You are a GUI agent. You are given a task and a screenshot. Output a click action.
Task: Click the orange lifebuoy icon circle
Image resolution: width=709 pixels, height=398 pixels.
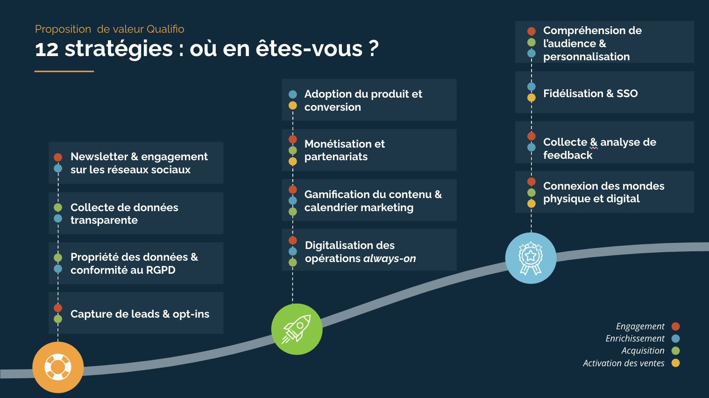click(58, 367)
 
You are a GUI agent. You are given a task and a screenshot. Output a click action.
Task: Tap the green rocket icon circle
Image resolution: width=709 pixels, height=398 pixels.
click(297, 329)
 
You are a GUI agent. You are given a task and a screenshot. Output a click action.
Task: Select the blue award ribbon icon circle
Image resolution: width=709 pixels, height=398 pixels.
click(531, 258)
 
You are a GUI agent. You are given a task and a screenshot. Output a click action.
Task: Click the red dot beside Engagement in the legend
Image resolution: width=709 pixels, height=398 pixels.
click(675, 326)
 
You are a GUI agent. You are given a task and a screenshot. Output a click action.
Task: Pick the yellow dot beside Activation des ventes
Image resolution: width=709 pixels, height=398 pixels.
click(675, 363)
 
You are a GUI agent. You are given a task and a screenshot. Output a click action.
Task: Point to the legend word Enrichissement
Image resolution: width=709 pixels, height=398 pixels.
click(635, 339)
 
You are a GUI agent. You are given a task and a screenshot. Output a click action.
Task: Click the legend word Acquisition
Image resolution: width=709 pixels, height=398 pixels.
click(643, 350)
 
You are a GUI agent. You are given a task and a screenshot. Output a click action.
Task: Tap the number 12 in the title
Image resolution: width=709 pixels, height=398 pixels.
click(47, 49)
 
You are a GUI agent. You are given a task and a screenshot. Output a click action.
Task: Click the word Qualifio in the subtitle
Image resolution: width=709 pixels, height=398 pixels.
click(165, 29)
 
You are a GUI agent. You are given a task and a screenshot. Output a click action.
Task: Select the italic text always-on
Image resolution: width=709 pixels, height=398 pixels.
click(390, 259)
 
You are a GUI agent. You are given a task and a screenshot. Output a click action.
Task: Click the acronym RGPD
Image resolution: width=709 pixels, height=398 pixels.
click(161, 270)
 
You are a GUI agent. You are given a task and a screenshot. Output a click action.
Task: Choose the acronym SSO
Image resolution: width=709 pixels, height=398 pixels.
click(627, 93)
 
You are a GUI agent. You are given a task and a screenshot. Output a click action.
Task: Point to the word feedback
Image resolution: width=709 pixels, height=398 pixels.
click(567, 155)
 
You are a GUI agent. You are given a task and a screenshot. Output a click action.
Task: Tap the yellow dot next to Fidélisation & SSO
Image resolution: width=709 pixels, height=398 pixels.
click(532, 98)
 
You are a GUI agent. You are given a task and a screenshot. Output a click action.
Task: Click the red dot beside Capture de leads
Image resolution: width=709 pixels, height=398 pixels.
click(58, 308)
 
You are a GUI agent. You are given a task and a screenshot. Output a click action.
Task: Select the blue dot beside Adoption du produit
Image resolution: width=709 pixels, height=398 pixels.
click(293, 94)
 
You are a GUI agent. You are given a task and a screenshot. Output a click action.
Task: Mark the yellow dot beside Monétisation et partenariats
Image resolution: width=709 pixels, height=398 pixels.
click(293, 162)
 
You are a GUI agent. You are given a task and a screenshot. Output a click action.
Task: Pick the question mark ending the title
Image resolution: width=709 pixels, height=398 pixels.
click(374, 49)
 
